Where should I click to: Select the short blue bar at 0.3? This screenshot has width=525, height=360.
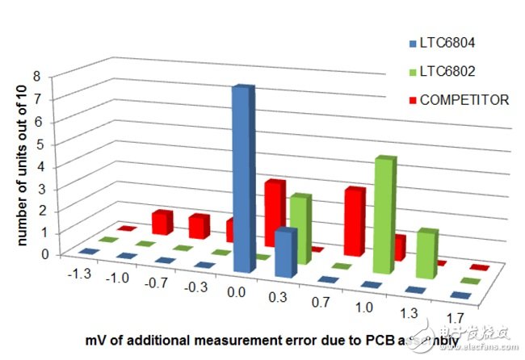coord(284,252)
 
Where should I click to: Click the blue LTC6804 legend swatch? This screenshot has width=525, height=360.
coord(413,44)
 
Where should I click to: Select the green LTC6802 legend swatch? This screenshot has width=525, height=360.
coord(413,72)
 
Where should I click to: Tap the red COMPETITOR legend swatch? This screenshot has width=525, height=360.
coord(413,100)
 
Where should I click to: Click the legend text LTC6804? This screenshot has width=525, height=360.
coord(450,44)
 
